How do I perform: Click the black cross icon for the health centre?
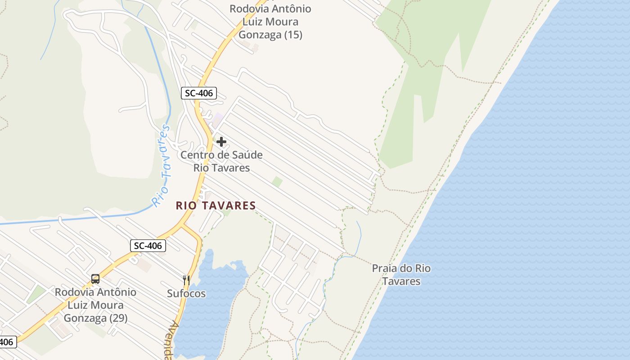pos(221,142)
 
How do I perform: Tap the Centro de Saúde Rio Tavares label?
pos(221,161)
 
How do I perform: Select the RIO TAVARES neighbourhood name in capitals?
pos(216,206)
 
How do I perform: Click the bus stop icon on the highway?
pos(95,279)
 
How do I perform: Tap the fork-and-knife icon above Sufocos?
pos(186,280)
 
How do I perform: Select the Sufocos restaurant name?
pos(186,293)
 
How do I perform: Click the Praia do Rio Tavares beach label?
pos(401,274)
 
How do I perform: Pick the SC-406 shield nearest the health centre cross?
pos(199,94)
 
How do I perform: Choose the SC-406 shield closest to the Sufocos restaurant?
pos(148,246)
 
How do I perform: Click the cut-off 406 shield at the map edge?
pos(7,342)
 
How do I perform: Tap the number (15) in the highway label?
pos(293,35)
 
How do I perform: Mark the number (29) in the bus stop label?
pos(118,318)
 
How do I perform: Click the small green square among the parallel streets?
pos(277,182)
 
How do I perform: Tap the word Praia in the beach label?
pos(385,269)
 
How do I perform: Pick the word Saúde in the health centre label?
pos(247,155)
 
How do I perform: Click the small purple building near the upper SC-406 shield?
pos(218,120)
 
